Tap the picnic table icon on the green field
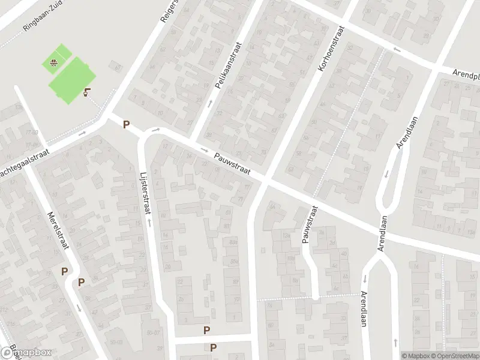54,61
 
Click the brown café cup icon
88,92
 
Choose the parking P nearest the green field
126,125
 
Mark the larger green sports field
72,80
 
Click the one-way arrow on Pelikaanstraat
209,103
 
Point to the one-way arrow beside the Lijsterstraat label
148,223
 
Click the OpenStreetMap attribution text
454,355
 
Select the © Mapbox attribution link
415,355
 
